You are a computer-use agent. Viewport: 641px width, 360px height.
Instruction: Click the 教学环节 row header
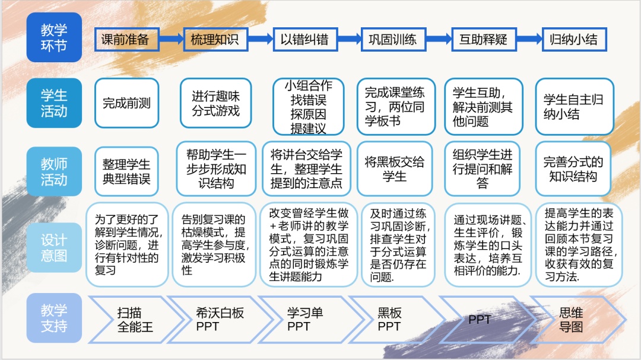coord(54,37)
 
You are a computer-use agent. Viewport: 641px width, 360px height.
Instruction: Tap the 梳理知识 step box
coord(214,40)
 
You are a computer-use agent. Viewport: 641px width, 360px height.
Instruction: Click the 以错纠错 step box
coord(305,40)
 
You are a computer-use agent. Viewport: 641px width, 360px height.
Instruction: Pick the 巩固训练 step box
coord(393,40)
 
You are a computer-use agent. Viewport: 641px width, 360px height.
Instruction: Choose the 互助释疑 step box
coord(483,40)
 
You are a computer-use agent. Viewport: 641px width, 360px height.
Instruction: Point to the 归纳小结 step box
coord(573,40)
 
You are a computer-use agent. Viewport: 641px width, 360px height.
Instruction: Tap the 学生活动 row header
coord(54,103)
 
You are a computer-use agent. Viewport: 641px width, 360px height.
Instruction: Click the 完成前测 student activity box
coord(126,103)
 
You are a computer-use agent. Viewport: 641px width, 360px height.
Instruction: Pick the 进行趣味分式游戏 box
coord(215,103)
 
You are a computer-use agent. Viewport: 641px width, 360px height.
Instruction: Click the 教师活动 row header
coord(54,171)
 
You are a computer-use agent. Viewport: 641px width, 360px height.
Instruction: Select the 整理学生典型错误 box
coord(126,171)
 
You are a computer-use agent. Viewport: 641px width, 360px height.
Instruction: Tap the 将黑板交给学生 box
coord(395,169)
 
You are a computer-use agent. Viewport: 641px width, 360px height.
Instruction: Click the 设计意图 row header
coord(54,247)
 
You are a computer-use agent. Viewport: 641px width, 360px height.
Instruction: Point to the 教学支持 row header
coord(54,318)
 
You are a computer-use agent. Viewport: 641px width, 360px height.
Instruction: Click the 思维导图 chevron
coord(573,319)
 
